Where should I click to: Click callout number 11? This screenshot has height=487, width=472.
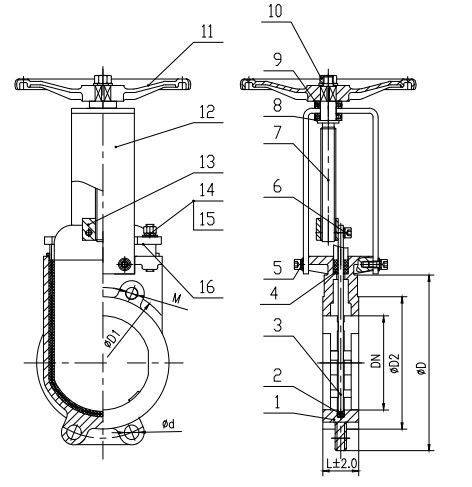[x=207, y=32]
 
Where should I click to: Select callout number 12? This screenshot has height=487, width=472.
[x=207, y=112]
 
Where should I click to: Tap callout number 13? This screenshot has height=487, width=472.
[x=207, y=162]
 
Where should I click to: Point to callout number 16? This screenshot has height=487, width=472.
[x=207, y=287]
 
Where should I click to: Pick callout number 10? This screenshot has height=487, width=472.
[x=275, y=11]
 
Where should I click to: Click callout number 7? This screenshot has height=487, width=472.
[x=277, y=133]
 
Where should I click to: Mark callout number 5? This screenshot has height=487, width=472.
[x=278, y=268]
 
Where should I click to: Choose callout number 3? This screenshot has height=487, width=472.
[x=278, y=325]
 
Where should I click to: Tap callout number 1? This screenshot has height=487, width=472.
[x=277, y=402]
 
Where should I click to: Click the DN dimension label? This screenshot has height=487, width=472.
[x=376, y=361]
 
